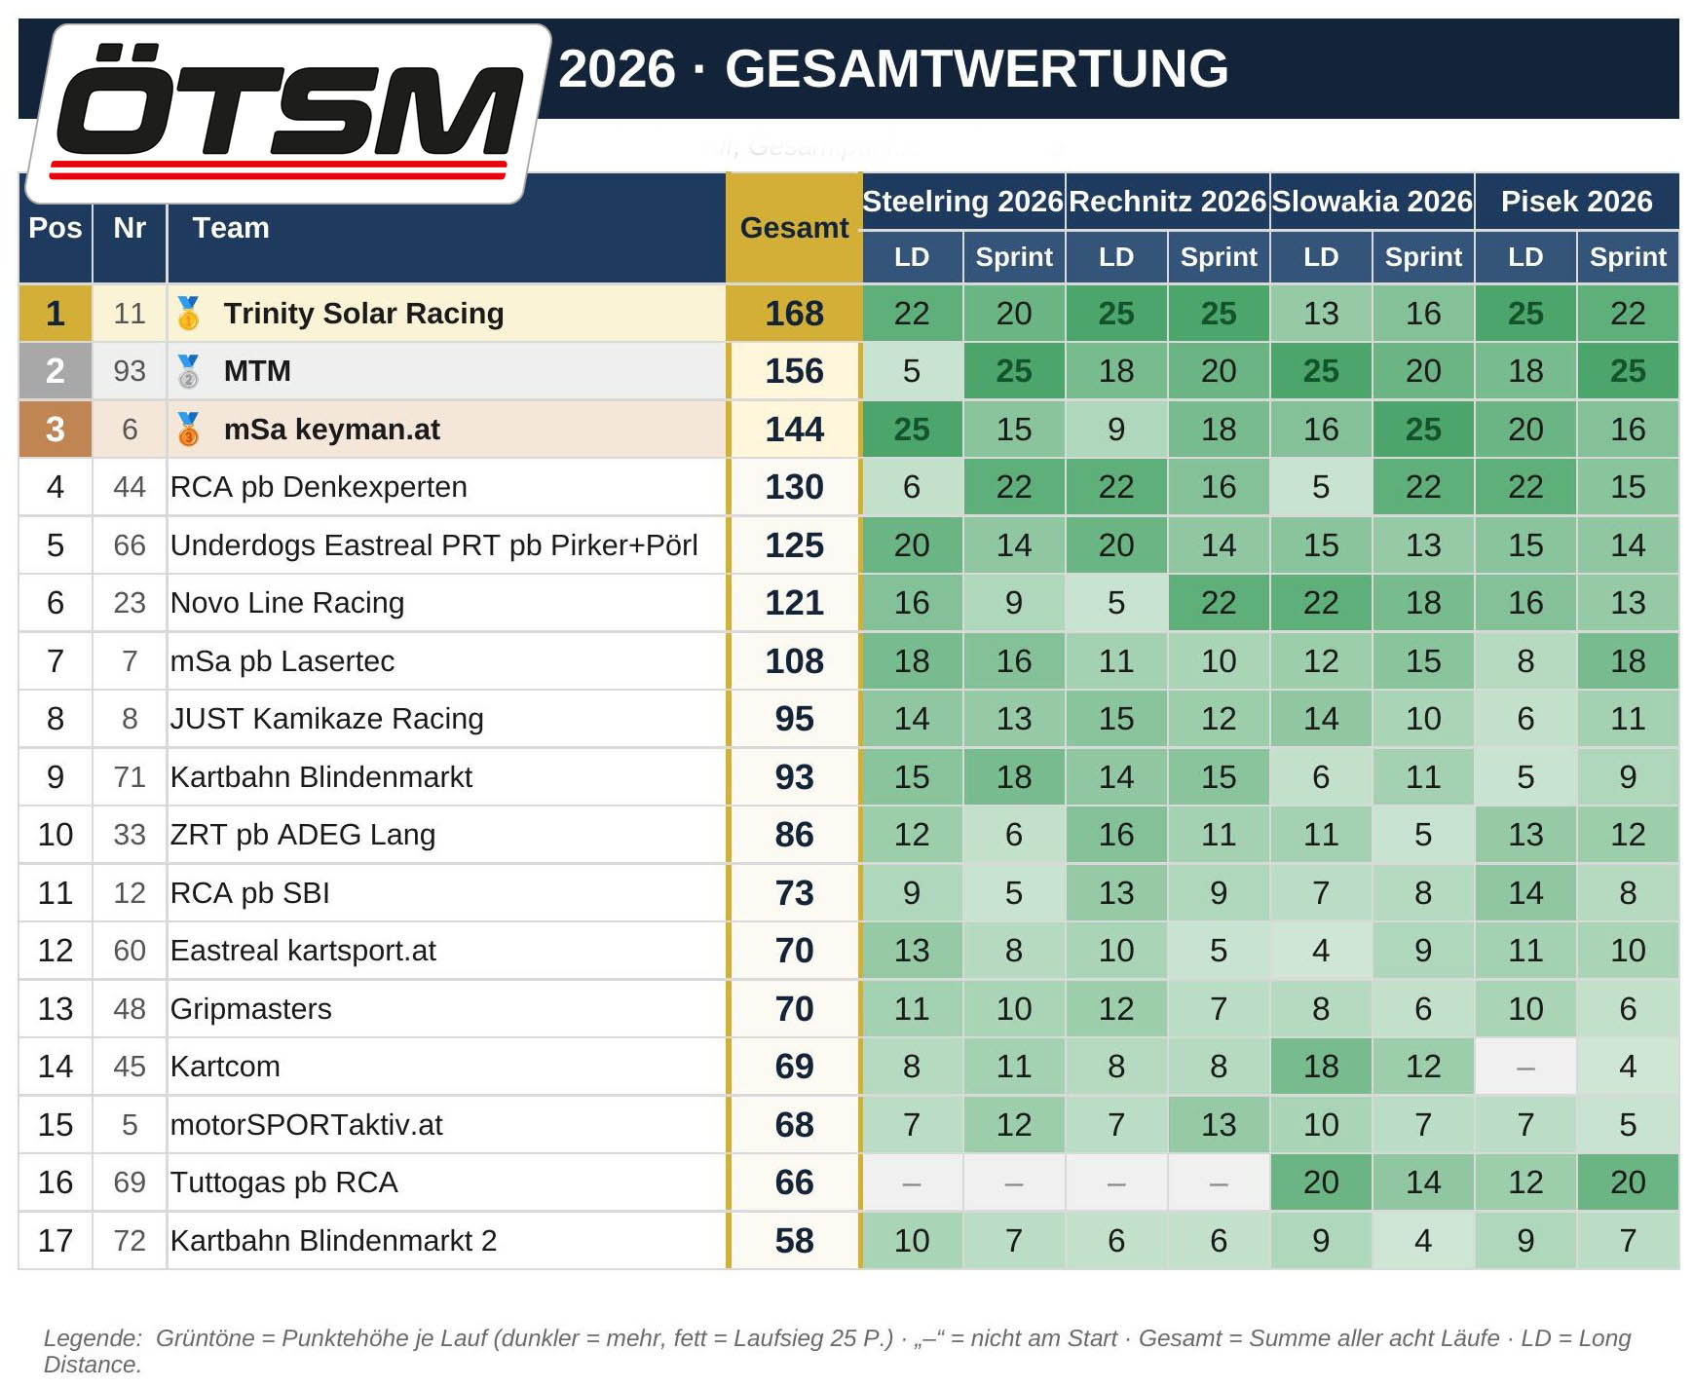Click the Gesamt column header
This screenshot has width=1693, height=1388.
click(x=794, y=228)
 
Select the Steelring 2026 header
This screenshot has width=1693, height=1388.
click(x=962, y=202)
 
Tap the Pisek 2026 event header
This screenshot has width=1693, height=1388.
click(x=1576, y=202)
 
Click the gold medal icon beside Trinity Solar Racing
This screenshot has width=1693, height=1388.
click(x=188, y=314)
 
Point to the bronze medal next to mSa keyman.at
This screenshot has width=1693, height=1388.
click(x=188, y=430)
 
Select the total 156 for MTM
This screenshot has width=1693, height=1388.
click(x=794, y=371)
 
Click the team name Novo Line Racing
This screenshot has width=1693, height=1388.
click(x=287, y=603)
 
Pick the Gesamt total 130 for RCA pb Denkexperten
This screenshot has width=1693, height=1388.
click(x=794, y=487)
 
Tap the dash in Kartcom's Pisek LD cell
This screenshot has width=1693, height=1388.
click(x=1525, y=1069)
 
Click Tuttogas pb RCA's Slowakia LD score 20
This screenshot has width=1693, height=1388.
click(x=1321, y=1182)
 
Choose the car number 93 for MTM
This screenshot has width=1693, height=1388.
click(x=130, y=371)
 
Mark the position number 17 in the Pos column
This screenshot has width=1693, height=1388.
click(x=56, y=1241)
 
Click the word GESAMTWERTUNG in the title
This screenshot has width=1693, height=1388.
click(x=976, y=69)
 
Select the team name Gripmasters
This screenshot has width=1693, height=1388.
click(x=251, y=1009)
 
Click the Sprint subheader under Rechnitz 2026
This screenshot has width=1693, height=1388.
click(x=1219, y=257)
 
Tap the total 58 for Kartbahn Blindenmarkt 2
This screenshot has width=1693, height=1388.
click(x=794, y=1241)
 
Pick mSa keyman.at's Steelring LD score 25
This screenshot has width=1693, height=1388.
click(x=912, y=430)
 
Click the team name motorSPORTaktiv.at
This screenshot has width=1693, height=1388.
click(x=307, y=1125)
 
